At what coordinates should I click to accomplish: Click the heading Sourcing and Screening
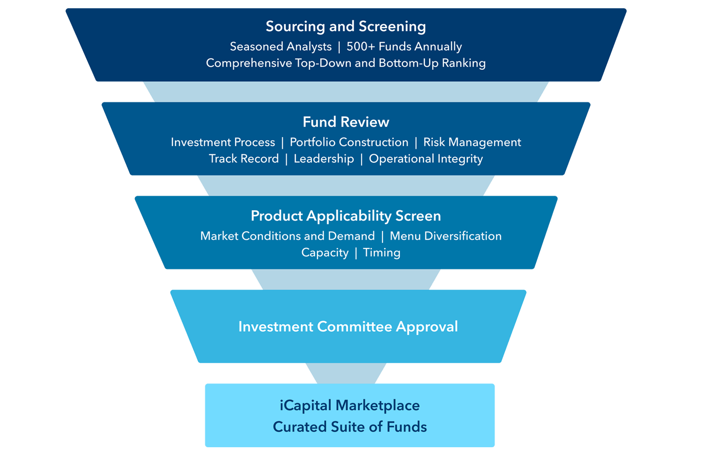click(x=346, y=26)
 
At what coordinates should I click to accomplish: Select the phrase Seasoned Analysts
click(x=280, y=47)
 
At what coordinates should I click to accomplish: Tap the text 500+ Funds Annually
click(x=404, y=47)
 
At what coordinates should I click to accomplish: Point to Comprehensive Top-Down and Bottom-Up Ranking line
click(x=346, y=63)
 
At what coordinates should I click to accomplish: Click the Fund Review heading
click(x=346, y=122)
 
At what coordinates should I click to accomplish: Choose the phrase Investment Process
click(x=223, y=142)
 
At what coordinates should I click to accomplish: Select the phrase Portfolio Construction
click(x=349, y=142)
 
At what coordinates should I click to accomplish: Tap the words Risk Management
click(x=472, y=142)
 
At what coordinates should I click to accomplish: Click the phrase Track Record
click(x=243, y=159)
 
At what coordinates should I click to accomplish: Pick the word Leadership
click(x=324, y=159)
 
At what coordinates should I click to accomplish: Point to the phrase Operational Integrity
click(x=426, y=159)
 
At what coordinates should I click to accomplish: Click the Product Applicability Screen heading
click(x=346, y=216)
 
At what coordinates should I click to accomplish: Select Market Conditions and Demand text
click(x=287, y=236)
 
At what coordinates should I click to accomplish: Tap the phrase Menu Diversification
click(x=445, y=236)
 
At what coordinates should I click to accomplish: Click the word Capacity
click(x=325, y=253)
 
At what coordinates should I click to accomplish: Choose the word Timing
click(x=382, y=253)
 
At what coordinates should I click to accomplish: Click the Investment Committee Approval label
click(x=348, y=326)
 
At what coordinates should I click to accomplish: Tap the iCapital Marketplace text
click(x=350, y=405)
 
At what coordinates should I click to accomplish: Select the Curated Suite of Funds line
click(x=350, y=427)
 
